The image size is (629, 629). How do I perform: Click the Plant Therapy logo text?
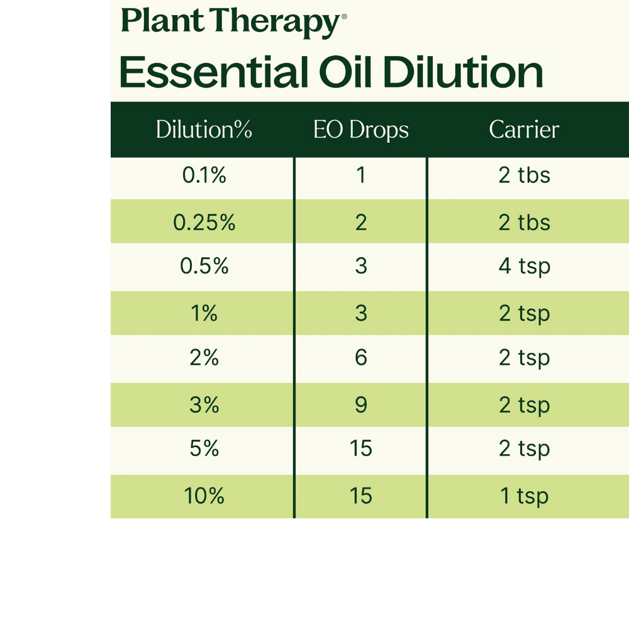point(234,21)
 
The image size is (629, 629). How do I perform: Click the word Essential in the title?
point(214,72)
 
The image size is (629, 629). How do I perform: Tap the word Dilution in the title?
point(463,72)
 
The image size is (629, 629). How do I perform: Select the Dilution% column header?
point(204,129)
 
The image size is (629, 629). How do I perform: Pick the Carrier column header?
point(524,129)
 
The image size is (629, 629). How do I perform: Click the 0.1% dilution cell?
point(204,175)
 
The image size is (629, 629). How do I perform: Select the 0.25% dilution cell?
point(204,222)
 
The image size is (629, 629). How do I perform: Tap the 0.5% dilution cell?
point(204,265)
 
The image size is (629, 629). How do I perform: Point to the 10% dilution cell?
point(204,496)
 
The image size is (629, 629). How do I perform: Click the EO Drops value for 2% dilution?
point(361,357)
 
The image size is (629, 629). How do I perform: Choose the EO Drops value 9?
point(361,404)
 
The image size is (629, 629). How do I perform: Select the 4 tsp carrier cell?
point(525,266)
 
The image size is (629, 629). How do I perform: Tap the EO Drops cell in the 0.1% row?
point(361,175)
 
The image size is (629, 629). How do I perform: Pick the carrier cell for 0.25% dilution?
point(525,222)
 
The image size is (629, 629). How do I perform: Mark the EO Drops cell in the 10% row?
point(361,496)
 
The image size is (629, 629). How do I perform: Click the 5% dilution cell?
point(204,448)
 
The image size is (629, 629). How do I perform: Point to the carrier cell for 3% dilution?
point(525,405)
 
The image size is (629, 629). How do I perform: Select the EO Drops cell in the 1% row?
point(361,313)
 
